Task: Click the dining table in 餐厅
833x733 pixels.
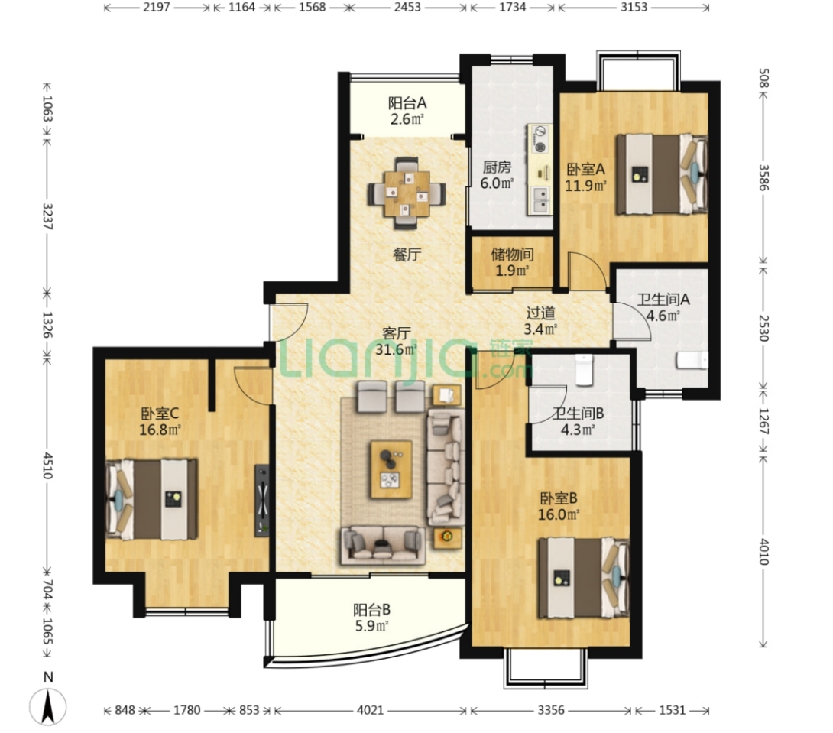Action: pyautogui.click(x=407, y=193)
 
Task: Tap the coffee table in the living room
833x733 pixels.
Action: pyautogui.click(x=391, y=469)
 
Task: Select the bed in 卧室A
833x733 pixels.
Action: pyautogui.click(x=662, y=174)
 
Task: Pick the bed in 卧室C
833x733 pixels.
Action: pyautogui.click(x=151, y=499)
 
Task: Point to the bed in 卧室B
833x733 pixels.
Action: pyautogui.click(x=584, y=578)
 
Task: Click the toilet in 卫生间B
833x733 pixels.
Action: pyautogui.click(x=584, y=370)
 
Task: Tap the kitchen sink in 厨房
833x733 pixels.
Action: pyautogui.click(x=540, y=200)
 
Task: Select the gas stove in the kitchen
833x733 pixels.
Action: pyautogui.click(x=540, y=139)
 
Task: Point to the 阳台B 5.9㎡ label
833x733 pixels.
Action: pyautogui.click(x=372, y=618)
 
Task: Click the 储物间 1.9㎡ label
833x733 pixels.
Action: pyautogui.click(x=512, y=262)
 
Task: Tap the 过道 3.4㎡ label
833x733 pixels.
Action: pyautogui.click(x=540, y=321)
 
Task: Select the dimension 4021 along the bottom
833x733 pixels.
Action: pyautogui.click(x=370, y=710)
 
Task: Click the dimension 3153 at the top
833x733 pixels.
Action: pyautogui.click(x=634, y=8)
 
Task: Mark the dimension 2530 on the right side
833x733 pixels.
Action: pyautogui.click(x=764, y=328)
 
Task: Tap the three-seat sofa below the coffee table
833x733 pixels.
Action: pyautogui.click(x=383, y=545)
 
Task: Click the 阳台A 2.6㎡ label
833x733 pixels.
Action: pyautogui.click(x=407, y=111)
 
